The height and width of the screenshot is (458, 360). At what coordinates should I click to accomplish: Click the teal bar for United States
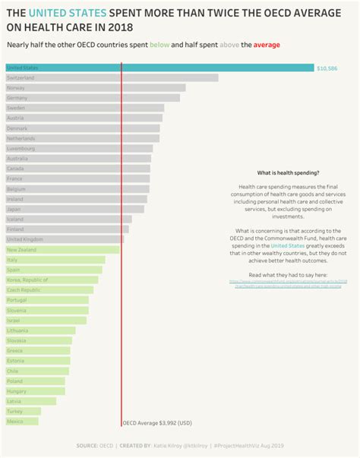(159, 68)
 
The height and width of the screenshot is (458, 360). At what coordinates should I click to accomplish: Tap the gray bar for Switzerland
(112, 77)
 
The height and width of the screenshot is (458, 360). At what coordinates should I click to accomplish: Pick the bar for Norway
(95, 87)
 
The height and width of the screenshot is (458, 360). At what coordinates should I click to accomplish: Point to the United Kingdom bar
(65, 239)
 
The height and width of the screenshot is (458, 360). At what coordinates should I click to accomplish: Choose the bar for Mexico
(21, 421)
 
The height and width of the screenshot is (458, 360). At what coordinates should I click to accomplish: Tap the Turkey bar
(23, 411)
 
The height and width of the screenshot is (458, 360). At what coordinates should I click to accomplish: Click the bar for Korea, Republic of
(51, 280)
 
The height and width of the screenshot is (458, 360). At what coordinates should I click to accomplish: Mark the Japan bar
(74, 209)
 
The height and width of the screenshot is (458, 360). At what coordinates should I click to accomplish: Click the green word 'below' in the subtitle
(159, 46)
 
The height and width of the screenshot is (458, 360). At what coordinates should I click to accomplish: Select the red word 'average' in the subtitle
(267, 46)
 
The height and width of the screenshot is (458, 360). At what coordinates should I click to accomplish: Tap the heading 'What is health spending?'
(288, 173)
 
